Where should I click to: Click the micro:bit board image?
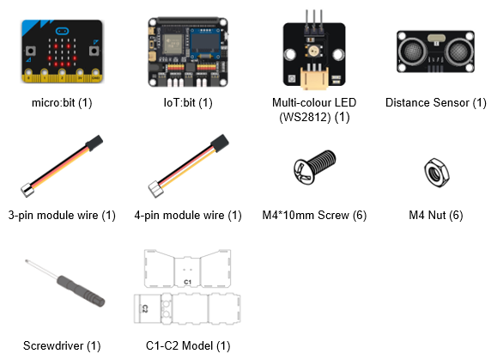click(62, 51)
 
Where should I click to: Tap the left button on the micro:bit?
click(30, 51)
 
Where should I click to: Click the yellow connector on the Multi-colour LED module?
click(314, 77)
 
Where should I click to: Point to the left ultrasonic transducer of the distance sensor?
click(413, 52)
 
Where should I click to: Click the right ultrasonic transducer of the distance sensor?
click(458, 52)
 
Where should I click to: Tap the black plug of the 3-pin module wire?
click(94, 143)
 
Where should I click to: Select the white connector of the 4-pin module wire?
click(155, 189)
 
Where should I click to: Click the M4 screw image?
click(314, 167)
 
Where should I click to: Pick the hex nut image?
click(436, 173)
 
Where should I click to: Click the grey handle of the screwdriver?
click(81, 291)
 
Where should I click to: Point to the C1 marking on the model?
click(187, 282)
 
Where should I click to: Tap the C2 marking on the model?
click(145, 308)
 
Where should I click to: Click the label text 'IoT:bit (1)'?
click(188, 102)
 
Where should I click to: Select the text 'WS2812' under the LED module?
click(306, 117)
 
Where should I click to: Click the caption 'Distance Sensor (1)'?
click(436, 102)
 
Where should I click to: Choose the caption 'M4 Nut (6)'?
click(436, 215)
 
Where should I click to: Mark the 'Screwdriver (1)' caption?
click(62, 345)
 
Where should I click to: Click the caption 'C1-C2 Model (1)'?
click(188, 345)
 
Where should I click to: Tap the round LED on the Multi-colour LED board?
click(313, 50)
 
